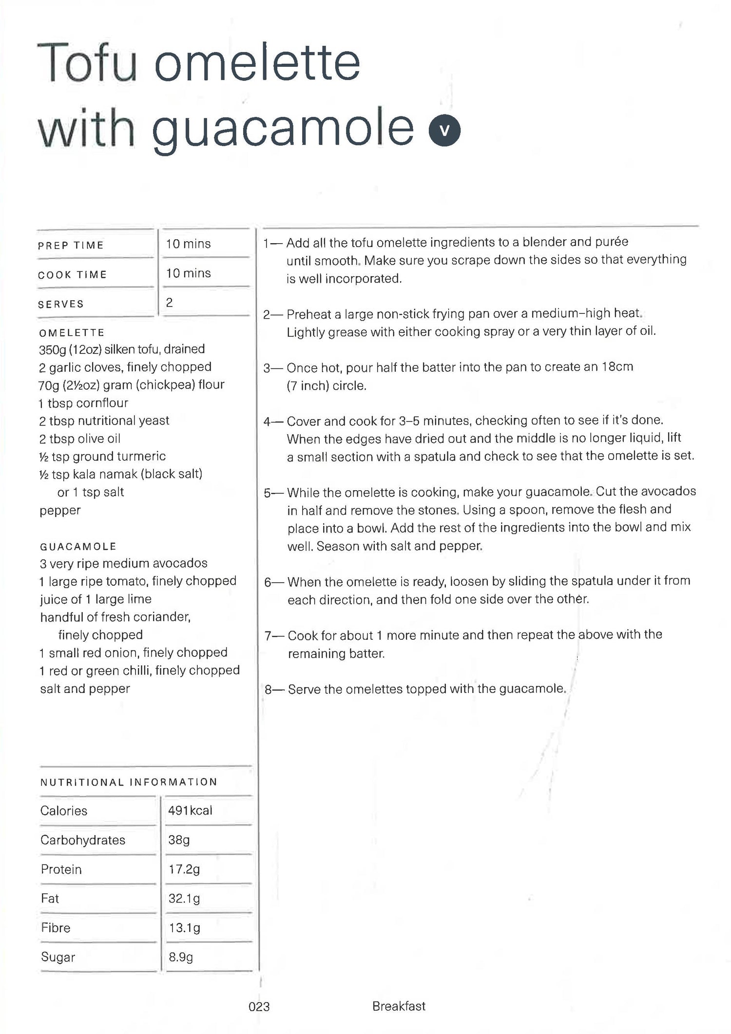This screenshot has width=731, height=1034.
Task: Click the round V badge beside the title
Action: point(444,130)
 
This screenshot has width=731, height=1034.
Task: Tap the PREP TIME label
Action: point(71,245)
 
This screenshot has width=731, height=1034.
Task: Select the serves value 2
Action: point(169,303)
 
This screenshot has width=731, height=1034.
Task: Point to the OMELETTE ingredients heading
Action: point(72,333)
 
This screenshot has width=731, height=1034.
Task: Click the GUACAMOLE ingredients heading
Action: point(78,546)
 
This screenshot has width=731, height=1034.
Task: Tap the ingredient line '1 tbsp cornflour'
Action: point(83,403)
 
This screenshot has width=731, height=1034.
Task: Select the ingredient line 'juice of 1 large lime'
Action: point(96,599)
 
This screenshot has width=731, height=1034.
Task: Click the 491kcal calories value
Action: point(190,810)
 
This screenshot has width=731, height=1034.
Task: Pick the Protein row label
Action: point(61,869)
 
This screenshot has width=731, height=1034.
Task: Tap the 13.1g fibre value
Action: point(184,928)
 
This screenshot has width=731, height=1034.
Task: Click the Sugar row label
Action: point(58,957)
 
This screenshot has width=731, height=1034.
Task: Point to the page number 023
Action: point(259,1007)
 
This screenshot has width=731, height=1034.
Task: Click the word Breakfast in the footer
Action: point(399,1006)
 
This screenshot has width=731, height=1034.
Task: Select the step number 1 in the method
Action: point(266,243)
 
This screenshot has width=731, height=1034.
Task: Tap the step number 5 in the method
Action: point(267,493)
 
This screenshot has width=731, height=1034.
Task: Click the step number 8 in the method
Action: point(268,689)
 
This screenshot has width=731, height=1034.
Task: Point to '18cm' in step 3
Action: point(617,366)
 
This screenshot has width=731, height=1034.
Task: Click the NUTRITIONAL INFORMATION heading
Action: point(129,783)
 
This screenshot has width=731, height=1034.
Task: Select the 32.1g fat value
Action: point(184,899)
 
